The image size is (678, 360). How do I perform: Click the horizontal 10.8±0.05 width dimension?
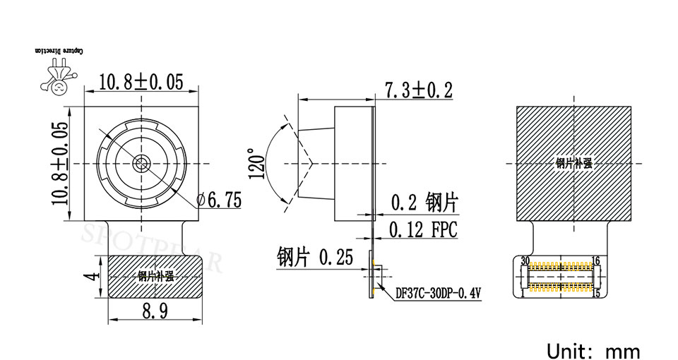141,82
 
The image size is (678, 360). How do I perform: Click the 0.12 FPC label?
423,230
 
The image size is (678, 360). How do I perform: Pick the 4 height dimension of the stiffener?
89,277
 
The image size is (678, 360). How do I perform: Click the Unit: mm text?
593,351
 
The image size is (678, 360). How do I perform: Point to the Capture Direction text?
59,52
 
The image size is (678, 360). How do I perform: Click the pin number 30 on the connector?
525,260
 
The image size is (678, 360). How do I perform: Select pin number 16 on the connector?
595,260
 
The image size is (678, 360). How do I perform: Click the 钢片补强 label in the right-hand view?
573,163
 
